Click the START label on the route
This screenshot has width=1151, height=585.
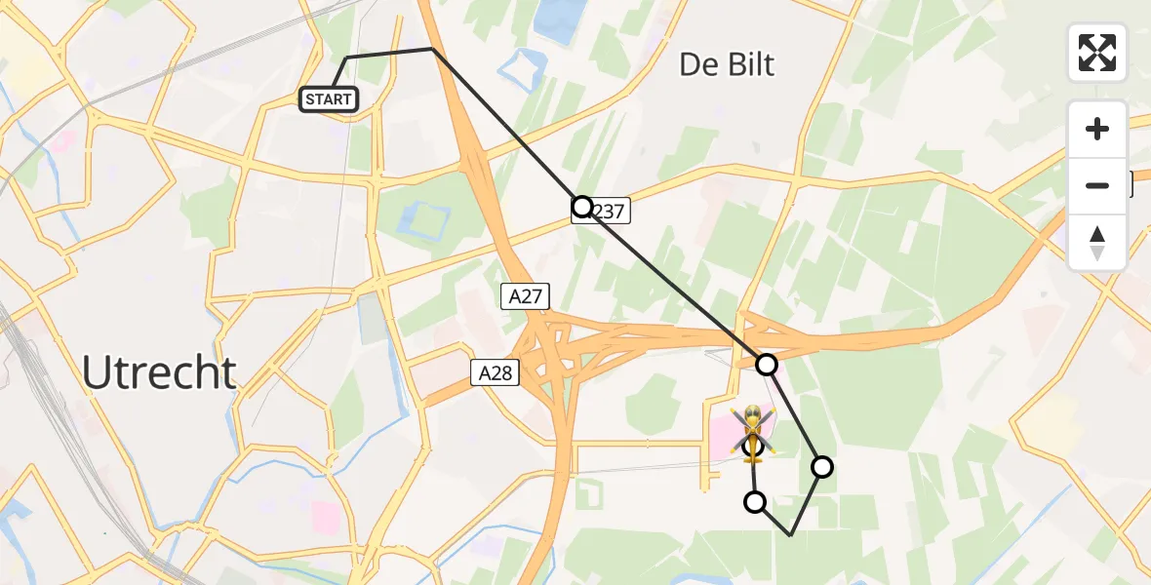coord(329,99)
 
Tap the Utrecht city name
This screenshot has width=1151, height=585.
coord(159,372)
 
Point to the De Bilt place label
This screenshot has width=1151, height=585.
coord(727,65)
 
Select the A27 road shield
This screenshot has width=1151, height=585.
coord(525,297)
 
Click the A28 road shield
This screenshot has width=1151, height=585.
coord(496,371)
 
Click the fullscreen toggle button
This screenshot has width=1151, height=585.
coord(1097,53)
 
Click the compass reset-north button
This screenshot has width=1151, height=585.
coord(1097,244)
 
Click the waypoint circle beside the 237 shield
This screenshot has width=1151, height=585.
coord(582,207)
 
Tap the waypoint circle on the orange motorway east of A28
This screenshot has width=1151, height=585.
coord(767,365)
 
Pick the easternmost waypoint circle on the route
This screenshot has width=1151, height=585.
coord(822,467)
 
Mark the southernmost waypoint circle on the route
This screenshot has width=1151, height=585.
coord(755,502)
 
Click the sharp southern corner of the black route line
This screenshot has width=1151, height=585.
coord(790,535)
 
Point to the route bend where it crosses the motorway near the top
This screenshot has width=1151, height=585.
coord(432,49)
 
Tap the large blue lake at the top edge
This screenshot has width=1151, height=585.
coord(556,19)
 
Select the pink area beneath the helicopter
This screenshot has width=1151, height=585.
coord(727,439)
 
